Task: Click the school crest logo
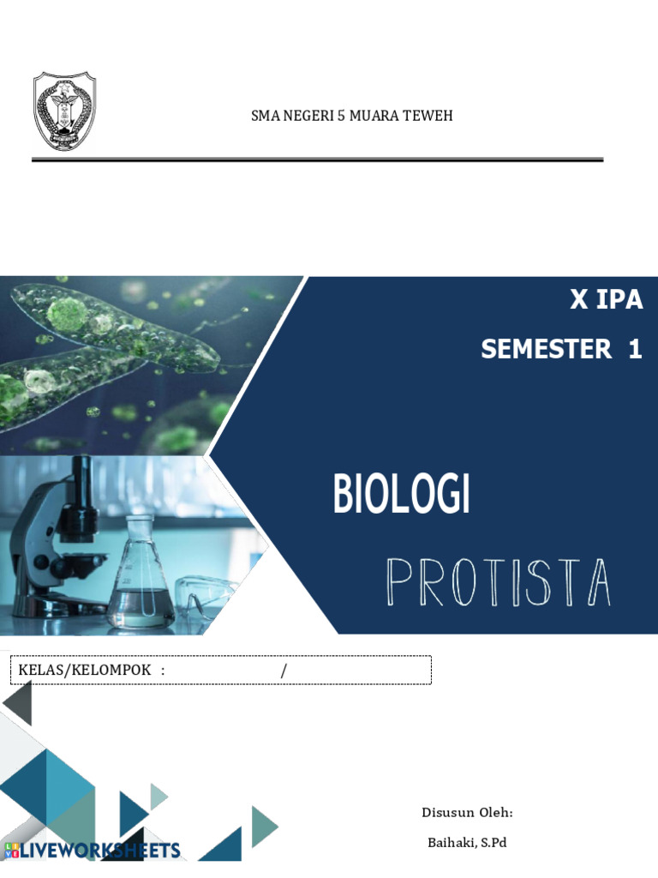click(64, 111)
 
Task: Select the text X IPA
click(606, 301)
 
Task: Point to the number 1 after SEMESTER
click(634, 350)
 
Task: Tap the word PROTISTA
click(499, 583)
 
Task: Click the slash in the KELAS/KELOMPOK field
click(284, 670)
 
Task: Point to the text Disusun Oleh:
click(467, 813)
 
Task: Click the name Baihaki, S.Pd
click(467, 843)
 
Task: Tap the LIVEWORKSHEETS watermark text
click(100, 851)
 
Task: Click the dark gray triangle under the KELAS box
click(19, 703)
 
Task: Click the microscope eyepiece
click(82, 471)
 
